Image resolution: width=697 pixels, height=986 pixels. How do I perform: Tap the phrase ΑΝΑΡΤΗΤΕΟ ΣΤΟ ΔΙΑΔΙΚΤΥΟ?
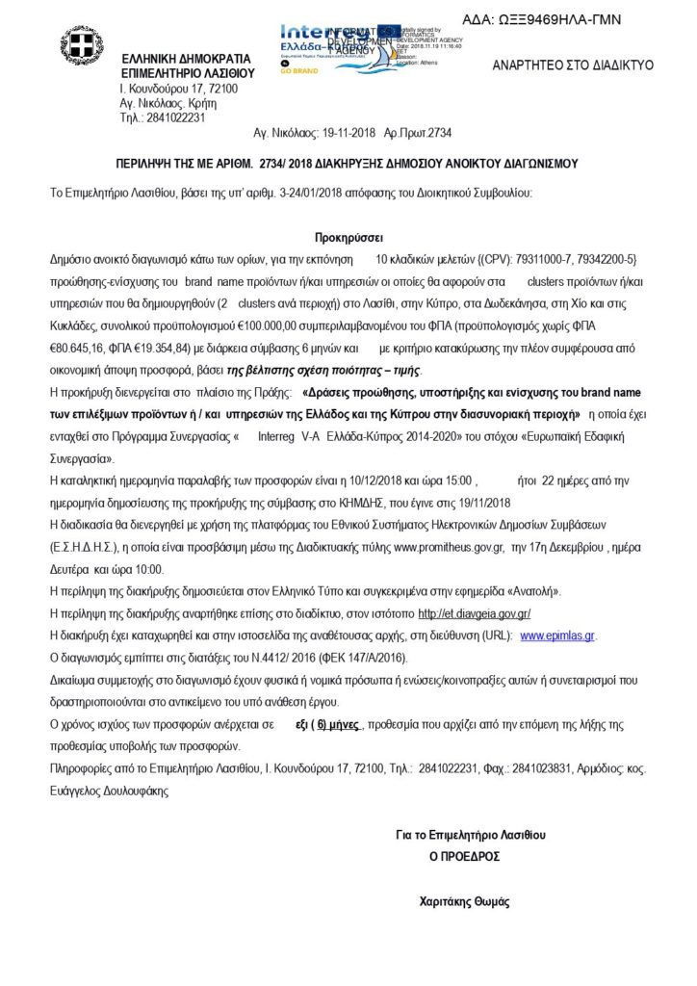(573, 65)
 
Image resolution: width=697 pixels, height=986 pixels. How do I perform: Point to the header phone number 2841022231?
(174, 117)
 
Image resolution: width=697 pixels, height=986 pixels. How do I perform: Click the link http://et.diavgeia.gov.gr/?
(475, 613)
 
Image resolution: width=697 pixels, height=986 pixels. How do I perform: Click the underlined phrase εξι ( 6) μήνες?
(326, 723)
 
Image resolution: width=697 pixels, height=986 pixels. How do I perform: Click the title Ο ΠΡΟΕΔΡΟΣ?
(464, 856)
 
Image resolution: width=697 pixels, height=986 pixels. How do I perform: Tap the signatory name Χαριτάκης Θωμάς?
(464, 902)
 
